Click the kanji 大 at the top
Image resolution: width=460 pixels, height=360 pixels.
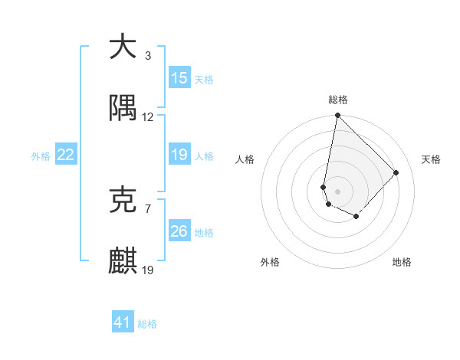click(x=123, y=47)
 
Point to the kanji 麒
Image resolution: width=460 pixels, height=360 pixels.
click(x=123, y=260)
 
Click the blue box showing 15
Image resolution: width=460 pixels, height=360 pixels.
click(x=179, y=77)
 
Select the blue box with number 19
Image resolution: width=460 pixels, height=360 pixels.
click(x=179, y=155)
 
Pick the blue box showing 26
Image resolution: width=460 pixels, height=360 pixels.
click(x=179, y=231)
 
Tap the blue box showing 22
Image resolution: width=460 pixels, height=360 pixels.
click(x=66, y=155)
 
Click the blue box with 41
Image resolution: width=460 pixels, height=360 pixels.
click(x=123, y=322)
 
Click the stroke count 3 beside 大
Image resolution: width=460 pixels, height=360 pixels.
click(x=147, y=56)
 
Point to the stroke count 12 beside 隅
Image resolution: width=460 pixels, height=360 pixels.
click(x=148, y=117)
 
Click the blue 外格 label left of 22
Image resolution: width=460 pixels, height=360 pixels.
click(x=41, y=155)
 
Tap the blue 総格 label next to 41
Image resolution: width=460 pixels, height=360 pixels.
click(x=147, y=324)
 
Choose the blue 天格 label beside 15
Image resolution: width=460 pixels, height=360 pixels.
click(x=203, y=79)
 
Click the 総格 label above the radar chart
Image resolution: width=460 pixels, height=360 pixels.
click(x=338, y=100)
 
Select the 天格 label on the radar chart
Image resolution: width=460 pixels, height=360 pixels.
click(x=431, y=159)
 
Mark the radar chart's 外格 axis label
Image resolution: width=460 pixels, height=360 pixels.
click(x=270, y=262)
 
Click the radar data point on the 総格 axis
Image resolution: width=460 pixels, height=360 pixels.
click(x=337, y=116)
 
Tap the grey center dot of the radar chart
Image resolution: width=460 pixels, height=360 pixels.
click(x=337, y=191)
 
